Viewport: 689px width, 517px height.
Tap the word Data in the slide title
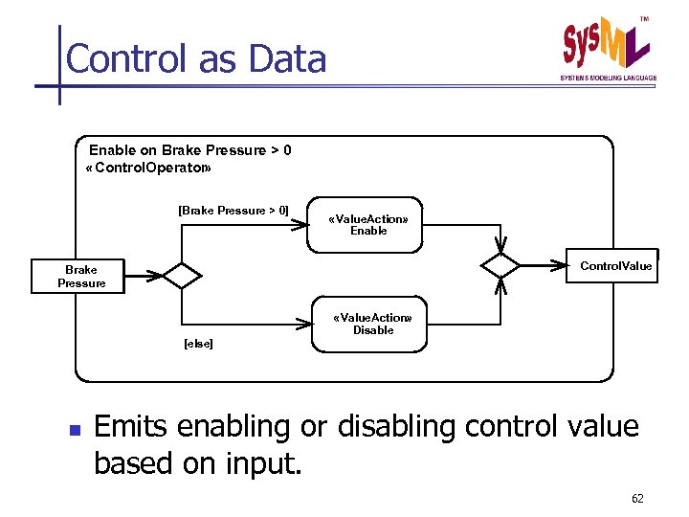[x=287, y=59]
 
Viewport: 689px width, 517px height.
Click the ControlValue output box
[x=615, y=265]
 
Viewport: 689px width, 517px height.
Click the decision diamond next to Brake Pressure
[x=182, y=276]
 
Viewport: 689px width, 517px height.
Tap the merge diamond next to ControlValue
[x=500, y=265]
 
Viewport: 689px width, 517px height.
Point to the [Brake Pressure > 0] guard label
[x=233, y=210]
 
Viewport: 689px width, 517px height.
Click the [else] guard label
[x=198, y=343]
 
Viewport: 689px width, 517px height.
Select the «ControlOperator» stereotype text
[x=148, y=168]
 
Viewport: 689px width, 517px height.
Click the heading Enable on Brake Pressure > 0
[x=189, y=150]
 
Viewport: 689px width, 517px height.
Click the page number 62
[x=637, y=499]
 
